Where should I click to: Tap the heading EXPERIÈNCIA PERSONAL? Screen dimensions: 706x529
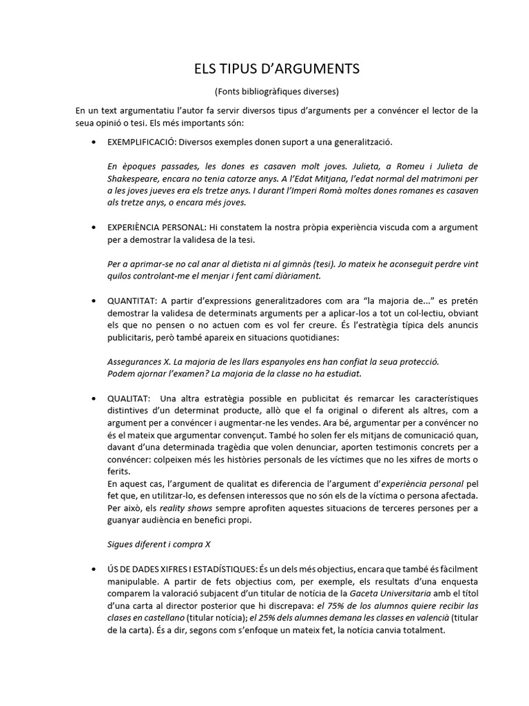click(156, 227)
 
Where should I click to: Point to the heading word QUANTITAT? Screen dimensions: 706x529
click(132, 301)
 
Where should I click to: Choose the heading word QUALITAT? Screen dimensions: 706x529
click(129, 400)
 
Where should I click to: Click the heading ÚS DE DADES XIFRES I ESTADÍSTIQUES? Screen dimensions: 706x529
click(180, 568)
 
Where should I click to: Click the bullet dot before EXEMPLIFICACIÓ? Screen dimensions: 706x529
click(94, 141)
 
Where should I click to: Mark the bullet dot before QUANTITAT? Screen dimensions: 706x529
click(94, 301)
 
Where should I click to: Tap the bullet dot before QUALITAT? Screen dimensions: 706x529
click(94, 400)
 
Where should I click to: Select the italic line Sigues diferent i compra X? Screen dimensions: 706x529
click(159, 543)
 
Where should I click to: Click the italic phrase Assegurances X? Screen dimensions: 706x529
click(139, 361)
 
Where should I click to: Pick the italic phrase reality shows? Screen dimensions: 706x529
click(191, 509)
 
